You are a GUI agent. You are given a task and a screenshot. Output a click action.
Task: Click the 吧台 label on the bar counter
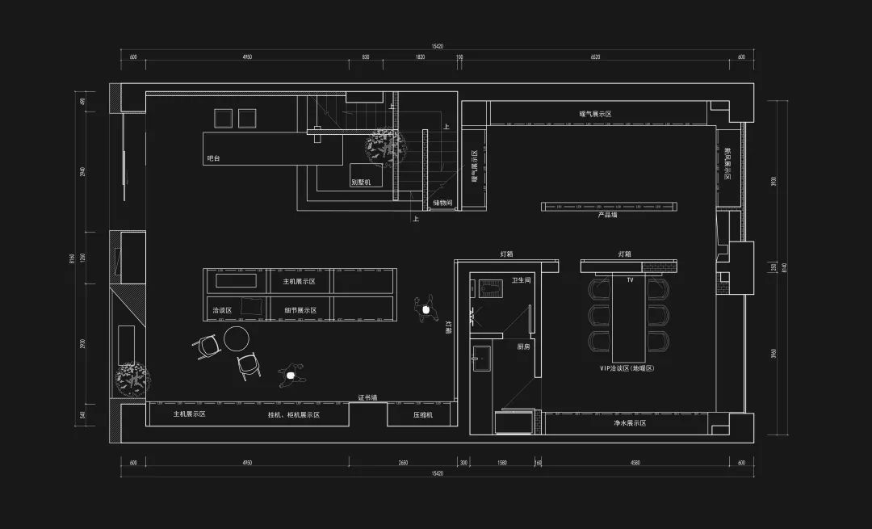pyautogui.click(x=213, y=159)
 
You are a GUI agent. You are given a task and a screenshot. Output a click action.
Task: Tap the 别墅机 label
pyautogui.click(x=361, y=182)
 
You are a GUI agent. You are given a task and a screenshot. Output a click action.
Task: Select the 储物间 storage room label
pyautogui.click(x=442, y=203)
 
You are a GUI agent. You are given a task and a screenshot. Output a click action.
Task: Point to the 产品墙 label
pyautogui.click(x=607, y=216)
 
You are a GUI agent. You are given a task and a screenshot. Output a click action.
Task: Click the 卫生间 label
pyautogui.click(x=522, y=281)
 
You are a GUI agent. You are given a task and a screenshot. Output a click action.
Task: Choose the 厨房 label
pyautogui.click(x=523, y=346)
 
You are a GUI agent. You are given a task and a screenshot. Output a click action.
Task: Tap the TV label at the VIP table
pyautogui.click(x=629, y=280)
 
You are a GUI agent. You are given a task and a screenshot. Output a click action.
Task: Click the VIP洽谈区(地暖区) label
pyautogui.click(x=625, y=368)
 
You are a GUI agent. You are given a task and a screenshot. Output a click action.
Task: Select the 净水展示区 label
pyautogui.click(x=630, y=422)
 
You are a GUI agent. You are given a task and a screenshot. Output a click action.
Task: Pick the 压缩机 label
pyautogui.click(x=423, y=414)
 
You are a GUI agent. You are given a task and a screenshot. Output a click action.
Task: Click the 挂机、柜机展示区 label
pyautogui.click(x=294, y=414)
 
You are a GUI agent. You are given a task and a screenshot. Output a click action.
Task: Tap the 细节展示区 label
pyautogui.click(x=300, y=310)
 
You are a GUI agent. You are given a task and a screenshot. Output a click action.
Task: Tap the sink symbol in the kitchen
pyautogui.click(x=482, y=356)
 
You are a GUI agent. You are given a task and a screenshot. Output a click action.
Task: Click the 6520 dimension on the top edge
pyautogui.click(x=595, y=57)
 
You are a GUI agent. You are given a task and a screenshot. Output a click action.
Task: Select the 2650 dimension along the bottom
pyautogui.click(x=402, y=463)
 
